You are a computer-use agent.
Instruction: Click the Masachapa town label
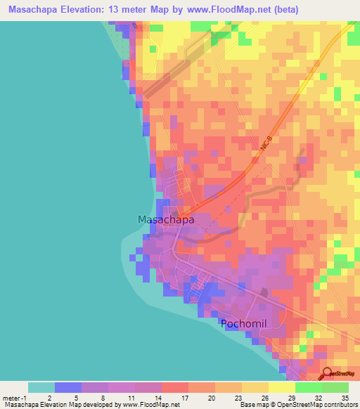click(165, 219)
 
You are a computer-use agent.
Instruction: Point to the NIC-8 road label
click(264, 148)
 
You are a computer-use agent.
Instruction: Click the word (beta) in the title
click(286, 10)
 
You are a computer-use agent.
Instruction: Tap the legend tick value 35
click(344, 397)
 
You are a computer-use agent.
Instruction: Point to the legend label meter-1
click(15, 397)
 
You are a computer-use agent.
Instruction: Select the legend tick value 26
click(264, 397)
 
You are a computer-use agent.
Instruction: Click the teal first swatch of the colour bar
click(41, 387)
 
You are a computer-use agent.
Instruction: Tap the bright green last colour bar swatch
click(335, 387)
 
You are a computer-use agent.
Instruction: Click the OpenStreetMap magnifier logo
click(328, 373)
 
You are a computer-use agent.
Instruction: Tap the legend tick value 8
click(103, 397)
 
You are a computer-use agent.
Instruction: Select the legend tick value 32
click(317, 397)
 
